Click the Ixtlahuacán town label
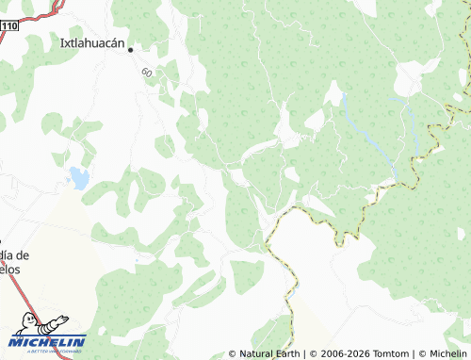coord(93,42)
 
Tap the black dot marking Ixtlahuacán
coord(131,49)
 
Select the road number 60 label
coord(147,73)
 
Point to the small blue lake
coord(78,177)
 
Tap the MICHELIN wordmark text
coord(48,341)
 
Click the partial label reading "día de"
coord(15,255)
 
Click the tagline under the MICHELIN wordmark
coord(48,350)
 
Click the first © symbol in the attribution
coord(233,354)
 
